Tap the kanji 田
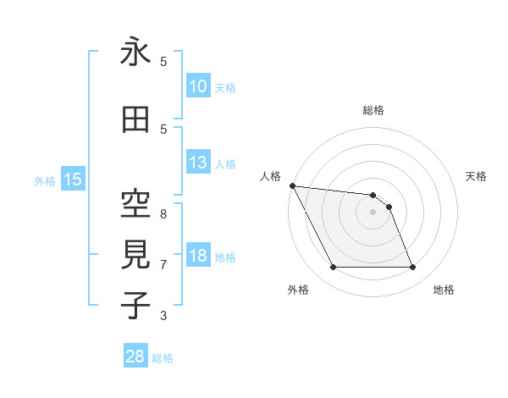click(135, 120)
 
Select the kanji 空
click(135, 203)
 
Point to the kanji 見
click(135, 254)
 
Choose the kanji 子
click(135, 305)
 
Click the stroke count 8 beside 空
click(163, 213)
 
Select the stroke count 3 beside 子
click(163, 316)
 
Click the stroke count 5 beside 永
click(163, 62)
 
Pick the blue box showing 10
click(197, 86)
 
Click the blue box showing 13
click(197, 163)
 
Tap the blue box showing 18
click(197, 256)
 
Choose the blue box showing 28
click(135, 357)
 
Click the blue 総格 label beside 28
click(163, 358)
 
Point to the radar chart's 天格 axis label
click(477, 176)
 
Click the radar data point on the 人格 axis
click(292, 185)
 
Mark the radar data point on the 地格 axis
click(412, 268)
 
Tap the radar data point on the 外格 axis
click(333, 268)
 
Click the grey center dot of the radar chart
click(373, 212)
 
